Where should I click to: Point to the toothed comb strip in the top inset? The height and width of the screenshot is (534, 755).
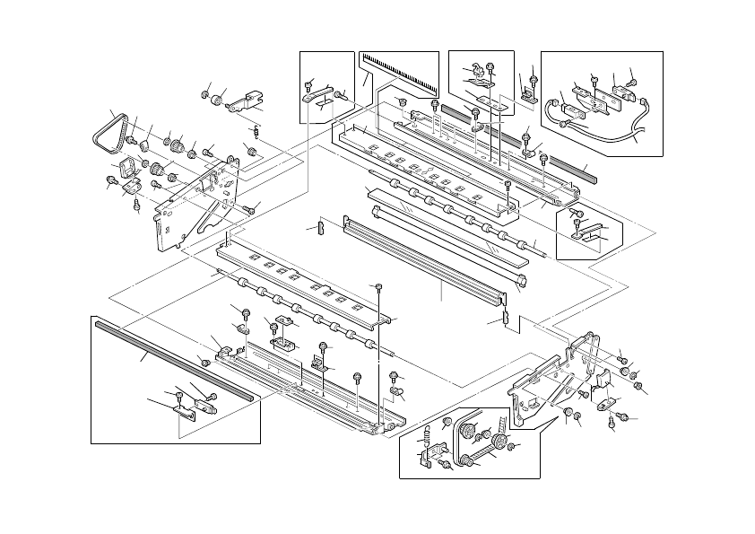[399, 72]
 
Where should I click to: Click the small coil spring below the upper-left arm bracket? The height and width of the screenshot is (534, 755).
[256, 132]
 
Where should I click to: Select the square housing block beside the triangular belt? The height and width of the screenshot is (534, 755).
[128, 165]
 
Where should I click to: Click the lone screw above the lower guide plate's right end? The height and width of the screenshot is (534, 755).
[380, 287]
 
